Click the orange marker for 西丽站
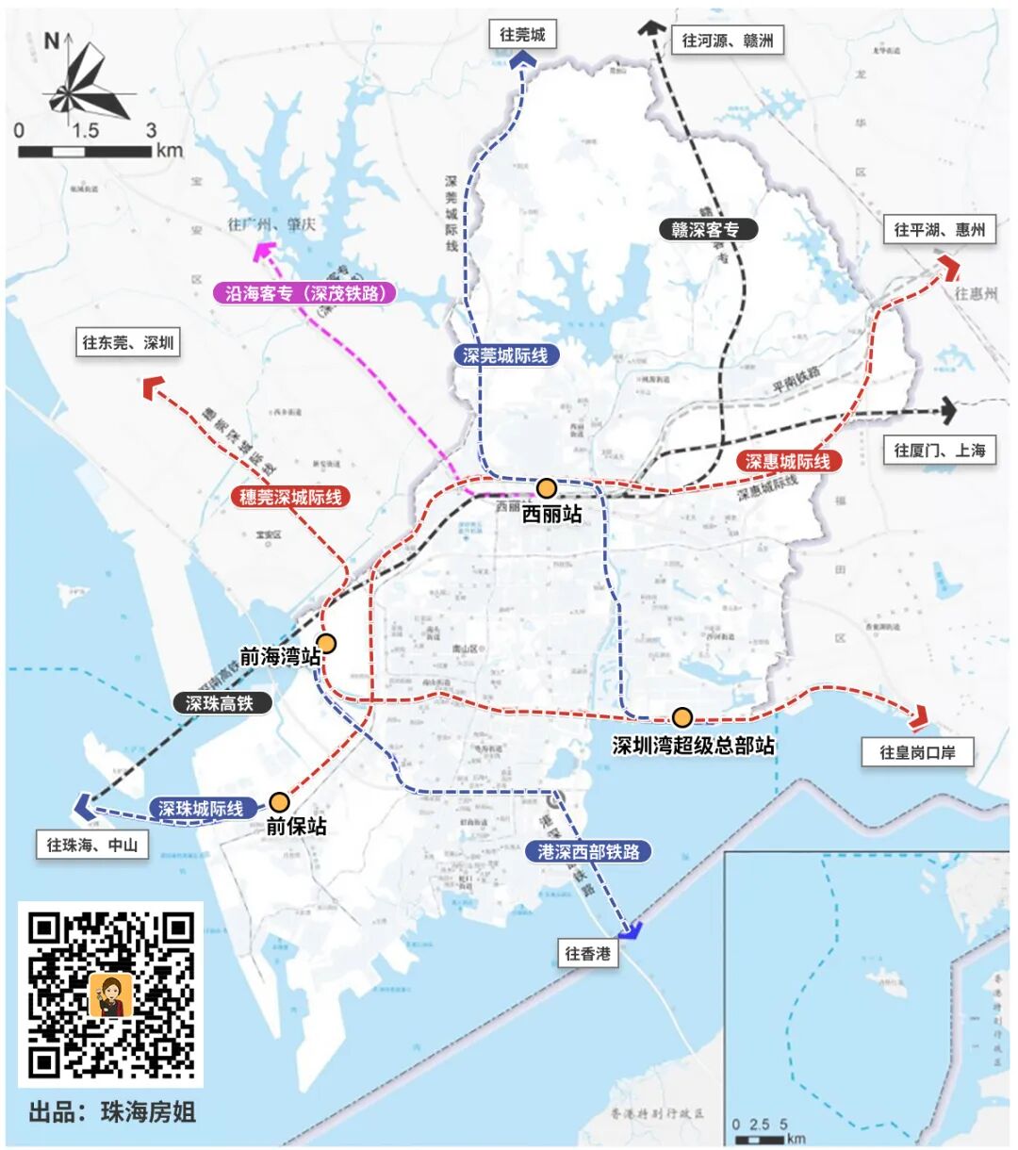[x=547, y=487]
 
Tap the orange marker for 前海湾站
[x=326, y=644]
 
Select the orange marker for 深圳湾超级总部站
[x=681, y=717]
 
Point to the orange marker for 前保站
[x=279, y=802]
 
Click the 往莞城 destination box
[x=522, y=35]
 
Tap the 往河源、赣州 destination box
[x=727, y=41]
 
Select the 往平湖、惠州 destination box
[x=939, y=229]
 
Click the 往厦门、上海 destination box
[x=940, y=450]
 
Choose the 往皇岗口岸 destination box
[x=917, y=752]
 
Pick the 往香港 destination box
[x=587, y=953]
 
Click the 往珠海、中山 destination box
[x=92, y=845]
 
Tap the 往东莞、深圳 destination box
[x=128, y=342]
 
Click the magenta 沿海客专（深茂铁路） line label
[x=305, y=293]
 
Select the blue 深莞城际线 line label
[x=505, y=355]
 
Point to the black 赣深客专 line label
[x=705, y=229]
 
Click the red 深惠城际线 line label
[x=788, y=461]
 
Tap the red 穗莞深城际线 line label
[x=290, y=497]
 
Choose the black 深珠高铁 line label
[x=220, y=703]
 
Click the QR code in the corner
[x=110, y=994]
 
